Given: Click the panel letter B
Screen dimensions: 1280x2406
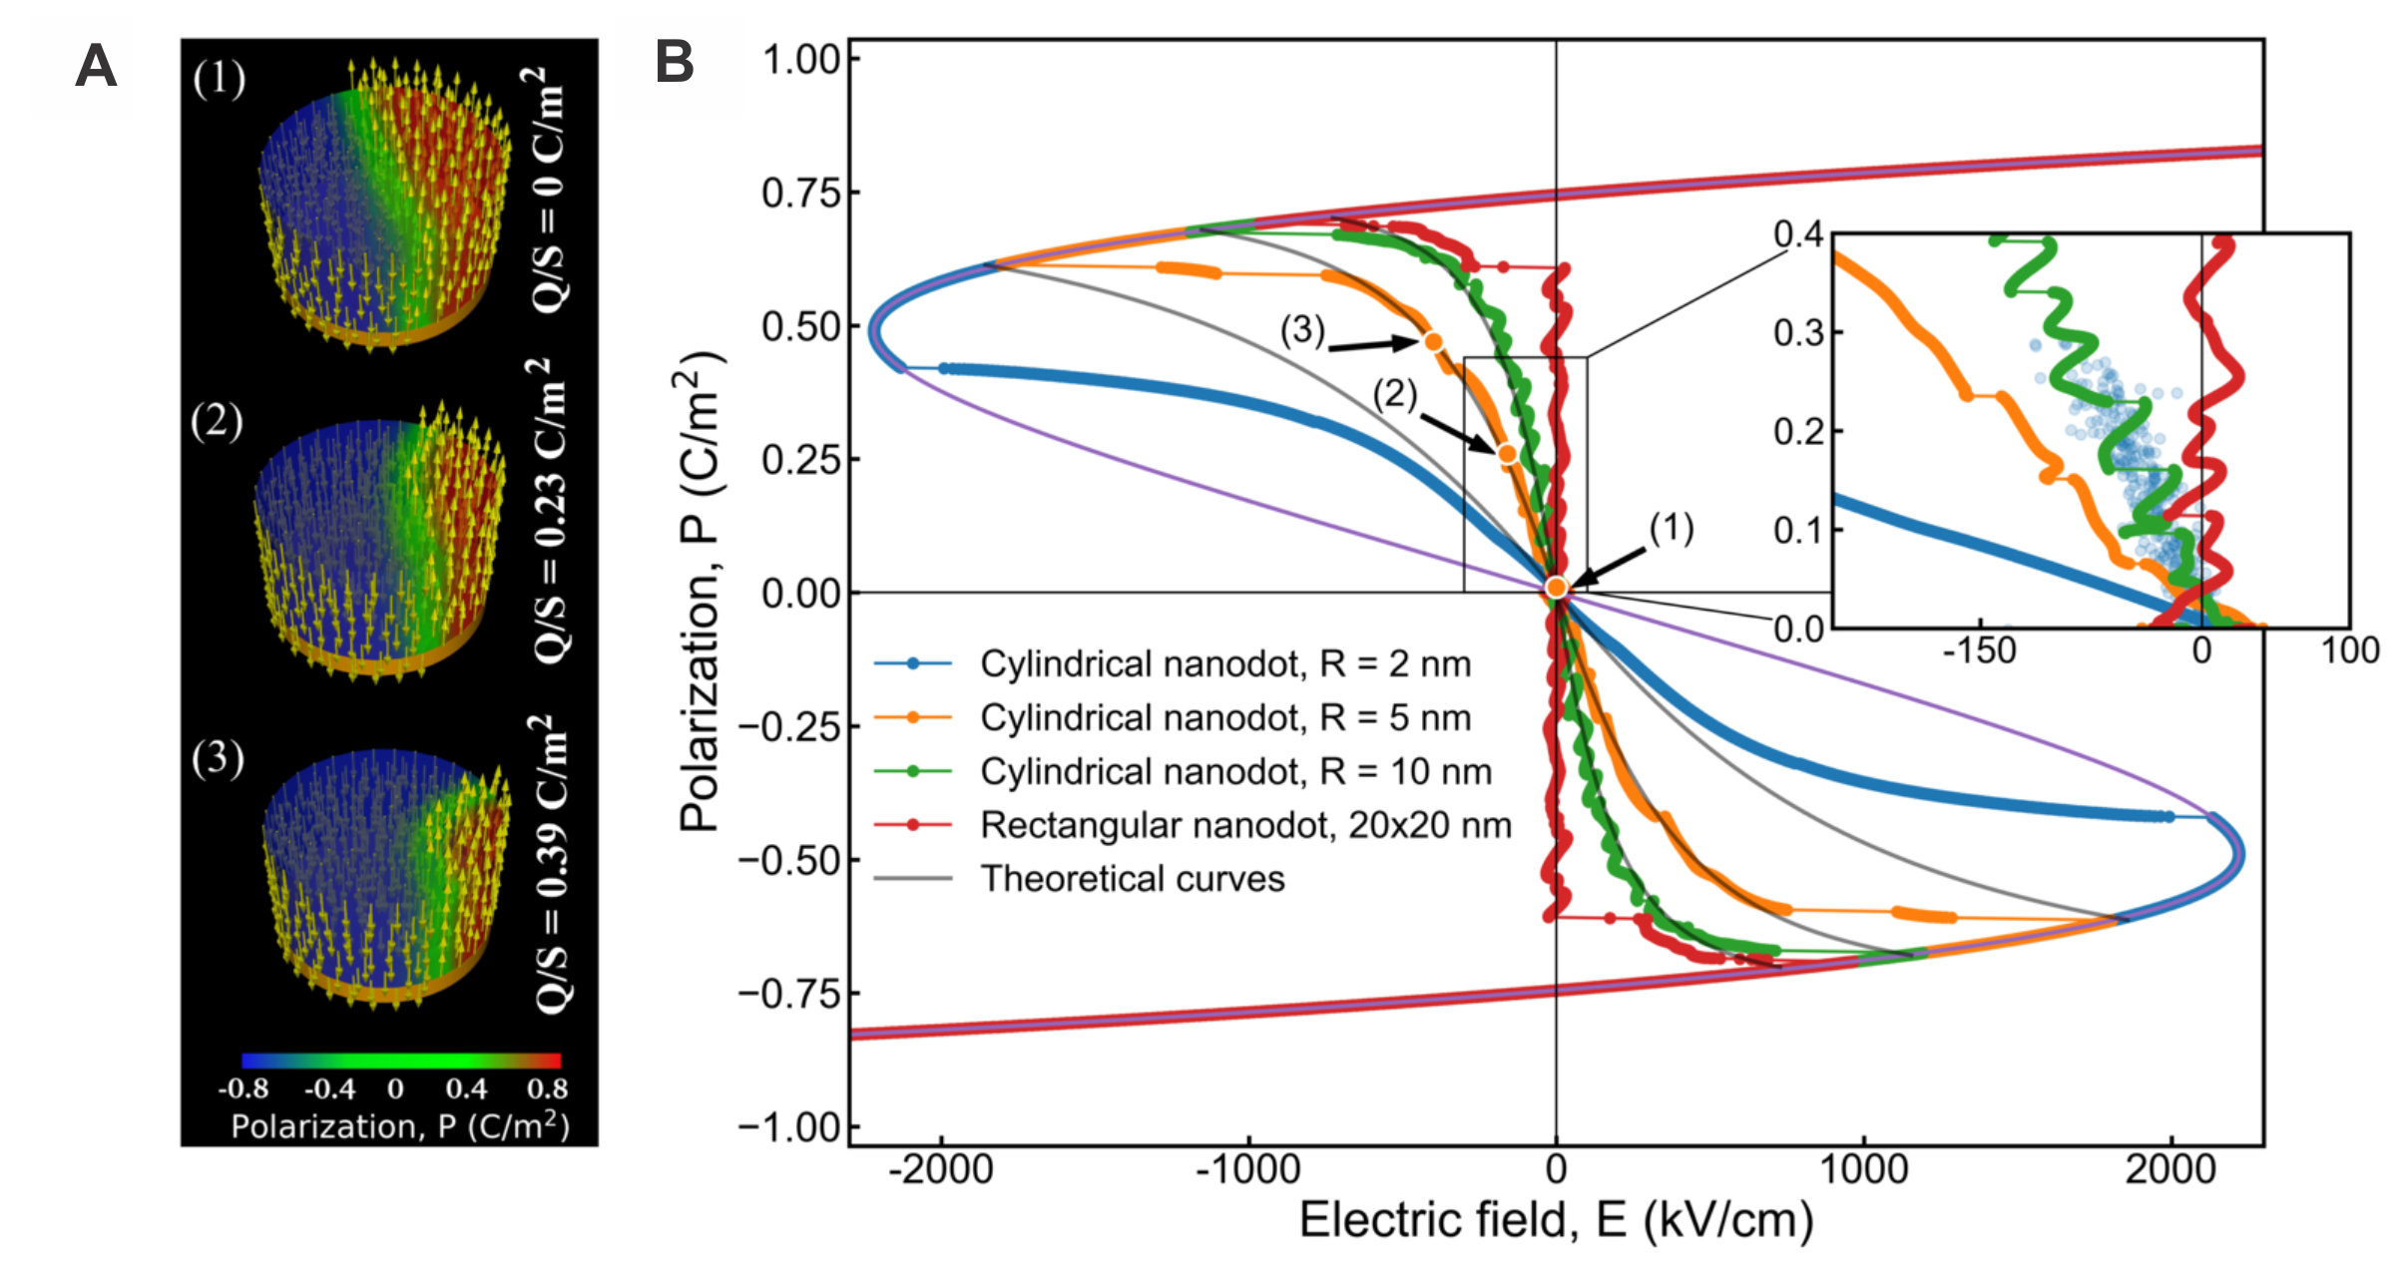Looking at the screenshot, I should coord(674,62).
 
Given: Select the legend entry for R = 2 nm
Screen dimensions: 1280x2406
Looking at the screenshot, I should coord(1225,663).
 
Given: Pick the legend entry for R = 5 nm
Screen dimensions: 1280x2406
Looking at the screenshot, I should coord(1225,717).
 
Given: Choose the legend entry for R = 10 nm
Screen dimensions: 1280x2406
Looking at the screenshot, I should coord(1235,771).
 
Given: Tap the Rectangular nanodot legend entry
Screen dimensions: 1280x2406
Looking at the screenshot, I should coord(1245,825).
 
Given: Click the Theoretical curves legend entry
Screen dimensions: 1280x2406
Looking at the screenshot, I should coord(1133,879).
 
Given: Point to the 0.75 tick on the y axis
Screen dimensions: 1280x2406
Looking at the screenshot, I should coord(801,193).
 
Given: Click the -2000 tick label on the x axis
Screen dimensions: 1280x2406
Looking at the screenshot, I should coord(940,1169).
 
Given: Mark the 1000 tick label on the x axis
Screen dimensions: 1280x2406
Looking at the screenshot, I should coord(1863,1169).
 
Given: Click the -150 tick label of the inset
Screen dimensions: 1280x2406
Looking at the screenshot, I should coord(1979,651).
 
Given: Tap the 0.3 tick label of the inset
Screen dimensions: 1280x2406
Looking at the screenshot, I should coord(1798,333).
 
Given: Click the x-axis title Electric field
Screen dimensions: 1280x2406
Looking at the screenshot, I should coord(1555,1220).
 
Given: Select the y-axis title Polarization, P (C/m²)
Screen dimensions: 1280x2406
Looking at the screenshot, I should coord(702,591).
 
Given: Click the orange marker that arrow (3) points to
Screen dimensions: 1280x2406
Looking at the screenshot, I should coord(1433,341).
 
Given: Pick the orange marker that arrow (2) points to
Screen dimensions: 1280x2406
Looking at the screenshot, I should coord(1507,454).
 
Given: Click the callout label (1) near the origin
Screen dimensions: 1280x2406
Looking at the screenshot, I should coord(1671,528).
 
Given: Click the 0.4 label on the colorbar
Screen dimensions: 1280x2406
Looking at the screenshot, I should coord(466,1087).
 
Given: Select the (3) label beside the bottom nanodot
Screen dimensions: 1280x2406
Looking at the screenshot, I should coord(218,759).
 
